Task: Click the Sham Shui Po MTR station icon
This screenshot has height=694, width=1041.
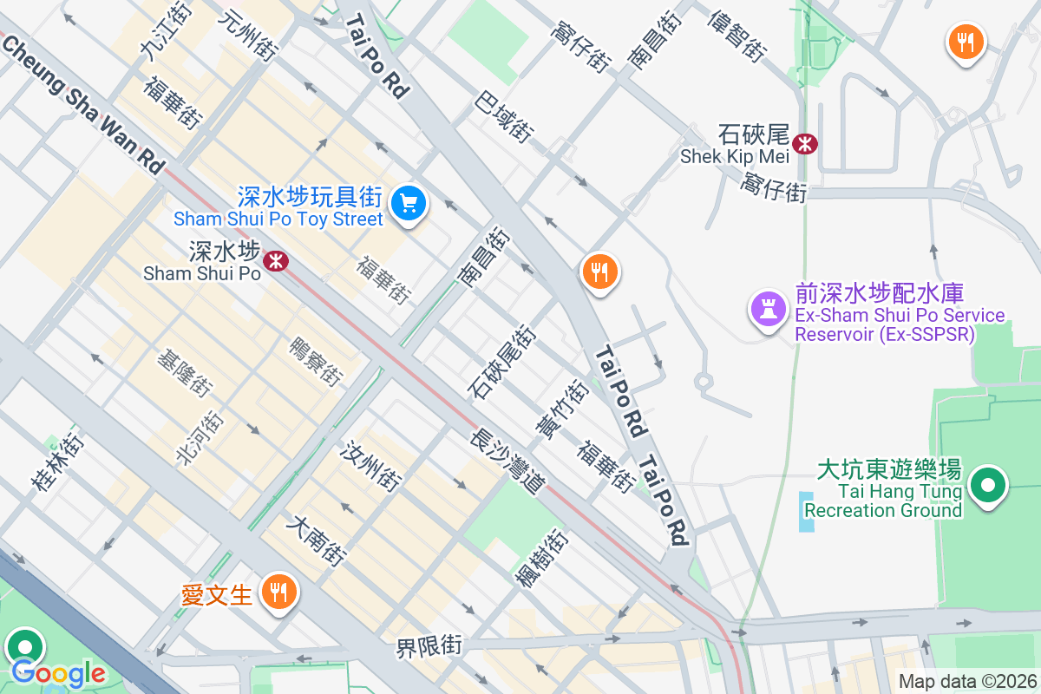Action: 277,260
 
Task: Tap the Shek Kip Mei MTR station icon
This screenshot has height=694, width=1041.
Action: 806,143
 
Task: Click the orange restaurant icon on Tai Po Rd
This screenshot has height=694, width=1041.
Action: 599,272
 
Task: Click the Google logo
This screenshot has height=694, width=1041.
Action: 58,672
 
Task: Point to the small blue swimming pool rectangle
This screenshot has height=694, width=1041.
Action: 808,512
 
